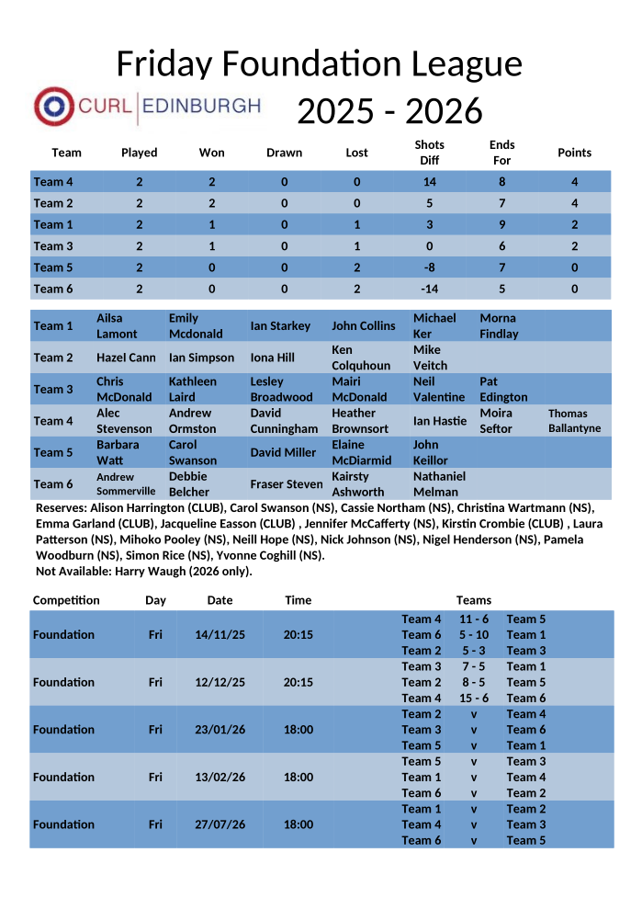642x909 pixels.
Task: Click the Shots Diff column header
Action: pyautogui.click(x=429, y=153)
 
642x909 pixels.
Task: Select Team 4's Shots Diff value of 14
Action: pyautogui.click(x=429, y=182)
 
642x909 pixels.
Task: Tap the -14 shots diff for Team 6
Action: pyautogui.click(x=429, y=289)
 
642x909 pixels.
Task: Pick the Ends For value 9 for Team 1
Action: pyautogui.click(x=501, y=224)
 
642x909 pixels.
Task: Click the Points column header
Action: pyautogui.click(x=574, y=153)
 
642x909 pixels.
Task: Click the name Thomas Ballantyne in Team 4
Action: pyautogui.click(x=574, y=421)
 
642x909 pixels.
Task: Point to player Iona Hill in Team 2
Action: pyautogui.click(x=273, y=358)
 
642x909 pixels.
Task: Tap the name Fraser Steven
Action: pyautogui.click(x=287, y=484)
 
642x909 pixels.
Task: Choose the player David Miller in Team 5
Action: pyautogui.click(x=283, y=452)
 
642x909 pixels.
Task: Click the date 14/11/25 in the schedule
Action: pyautogui.click(x=220, y=635)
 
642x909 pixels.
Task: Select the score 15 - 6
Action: pyautogui.click(x=474, y=698)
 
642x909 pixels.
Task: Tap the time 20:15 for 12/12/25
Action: pyautogui.click(x=298, y=682)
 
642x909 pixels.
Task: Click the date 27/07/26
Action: pyautogui.click(x=220, y=824)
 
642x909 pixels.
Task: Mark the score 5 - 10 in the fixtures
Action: pyautogui.click(x=474, y=635)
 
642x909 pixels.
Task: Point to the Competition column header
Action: pyautogui.click(x=66, y=600)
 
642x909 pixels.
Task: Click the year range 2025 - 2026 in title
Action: pyautogui.click(x=389, y=111)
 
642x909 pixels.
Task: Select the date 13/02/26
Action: pyautogui.click(x=220, y=777)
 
